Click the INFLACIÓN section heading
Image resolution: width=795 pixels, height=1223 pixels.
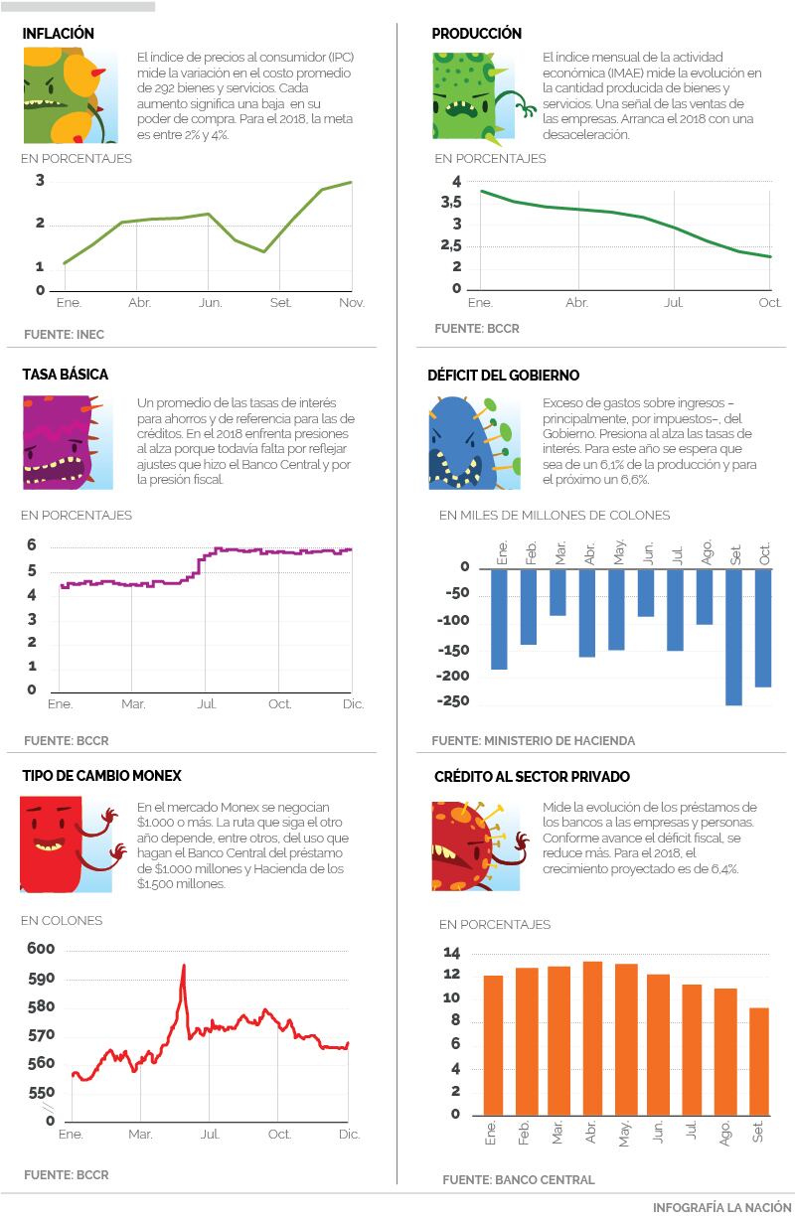point(59,34)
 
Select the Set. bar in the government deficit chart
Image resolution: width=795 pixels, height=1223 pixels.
point(734,636)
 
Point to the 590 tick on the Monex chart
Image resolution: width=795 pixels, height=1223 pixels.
point(43,979)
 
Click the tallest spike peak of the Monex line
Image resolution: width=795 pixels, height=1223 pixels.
point(184,966)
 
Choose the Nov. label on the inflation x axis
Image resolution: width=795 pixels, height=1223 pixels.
point(352,302)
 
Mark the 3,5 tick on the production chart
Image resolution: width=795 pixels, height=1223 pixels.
point(450,203)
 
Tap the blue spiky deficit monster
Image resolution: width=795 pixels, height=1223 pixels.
point(468,444)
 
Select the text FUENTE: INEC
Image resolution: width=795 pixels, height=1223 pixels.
point(64,335)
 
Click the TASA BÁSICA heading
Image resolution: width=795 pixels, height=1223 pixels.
point(66,375)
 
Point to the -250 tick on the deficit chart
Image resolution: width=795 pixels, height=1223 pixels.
point(452,701)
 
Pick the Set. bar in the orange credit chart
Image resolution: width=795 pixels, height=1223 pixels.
point(759,1061)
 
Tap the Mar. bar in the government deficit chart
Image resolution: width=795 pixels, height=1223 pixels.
point(557,592)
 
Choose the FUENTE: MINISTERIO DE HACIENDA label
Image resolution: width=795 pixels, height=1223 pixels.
point(533,740)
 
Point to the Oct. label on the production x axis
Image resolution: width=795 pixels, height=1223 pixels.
point(769,302)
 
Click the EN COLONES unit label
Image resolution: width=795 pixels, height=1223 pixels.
point(62,921)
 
